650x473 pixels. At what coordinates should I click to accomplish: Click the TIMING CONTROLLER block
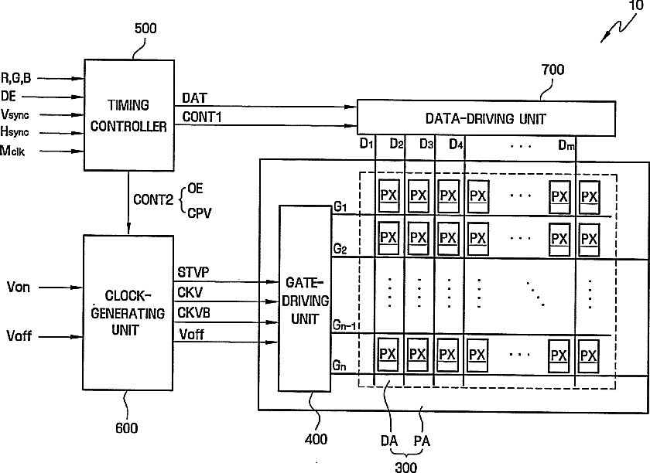click(x=129, y=115)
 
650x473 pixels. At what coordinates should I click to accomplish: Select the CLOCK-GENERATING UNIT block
click(x=128, y=313)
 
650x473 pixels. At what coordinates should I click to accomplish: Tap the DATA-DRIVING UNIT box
click(x=486, y=118)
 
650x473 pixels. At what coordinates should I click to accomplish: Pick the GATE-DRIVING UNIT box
click(x=305, y=298)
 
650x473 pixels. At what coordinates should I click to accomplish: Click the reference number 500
click(x=145, y=29)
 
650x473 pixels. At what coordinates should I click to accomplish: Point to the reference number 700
click(x=553, y=70)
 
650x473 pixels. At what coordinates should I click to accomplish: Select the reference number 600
click(x=126, y=428)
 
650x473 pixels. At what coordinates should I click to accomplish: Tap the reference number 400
click(x=316, y=439)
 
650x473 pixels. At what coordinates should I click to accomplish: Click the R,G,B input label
click(x=15, y=78)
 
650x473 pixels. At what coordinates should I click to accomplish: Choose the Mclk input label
click(x=12, y=151)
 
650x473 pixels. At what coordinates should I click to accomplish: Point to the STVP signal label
click(x=193, y=272)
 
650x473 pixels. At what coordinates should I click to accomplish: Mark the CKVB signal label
click(x=193, y=312)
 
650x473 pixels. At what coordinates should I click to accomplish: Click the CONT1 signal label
click(x=202, y=117)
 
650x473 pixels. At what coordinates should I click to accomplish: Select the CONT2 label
click(x=153, y=199)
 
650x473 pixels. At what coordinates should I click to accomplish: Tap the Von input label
click(x=19, y=287)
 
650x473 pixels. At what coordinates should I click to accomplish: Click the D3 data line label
click(x=426, y=144)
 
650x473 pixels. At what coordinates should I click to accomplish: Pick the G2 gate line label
click(x=340, y=249)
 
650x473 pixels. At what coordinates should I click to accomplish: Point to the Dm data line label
click(x=566, y=145)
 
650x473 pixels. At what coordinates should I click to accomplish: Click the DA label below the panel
click(x=388, y=441)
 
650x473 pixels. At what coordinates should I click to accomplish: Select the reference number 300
click(x=405, y=467)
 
